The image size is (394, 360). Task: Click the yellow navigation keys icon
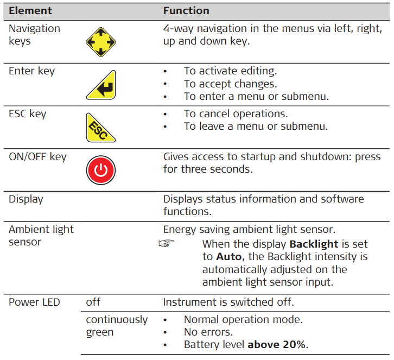pos(101,42)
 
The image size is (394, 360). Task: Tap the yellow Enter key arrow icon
pos(101,85)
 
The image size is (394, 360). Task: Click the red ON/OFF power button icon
pos(101,170)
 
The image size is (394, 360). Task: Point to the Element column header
pos(30,10)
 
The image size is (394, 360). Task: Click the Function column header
pos(186,10)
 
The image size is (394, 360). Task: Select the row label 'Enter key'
pos(31,71)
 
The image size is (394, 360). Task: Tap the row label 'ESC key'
pos(28,114)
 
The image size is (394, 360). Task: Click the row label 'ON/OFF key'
pos(37,157)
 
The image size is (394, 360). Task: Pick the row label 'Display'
pos(26,199)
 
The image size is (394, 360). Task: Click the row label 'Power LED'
pos(34,302)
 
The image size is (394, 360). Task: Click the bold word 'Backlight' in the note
pos(314,244)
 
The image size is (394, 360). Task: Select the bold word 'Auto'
pos(229,257)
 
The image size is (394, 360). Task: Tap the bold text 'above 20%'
pos(276,344)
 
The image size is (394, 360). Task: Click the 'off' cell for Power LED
pos(93,302)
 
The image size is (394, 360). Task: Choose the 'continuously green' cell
pos(117,326)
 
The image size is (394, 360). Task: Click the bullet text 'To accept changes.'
pos(230,84)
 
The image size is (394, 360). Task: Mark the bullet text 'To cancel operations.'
pos(236,114)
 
